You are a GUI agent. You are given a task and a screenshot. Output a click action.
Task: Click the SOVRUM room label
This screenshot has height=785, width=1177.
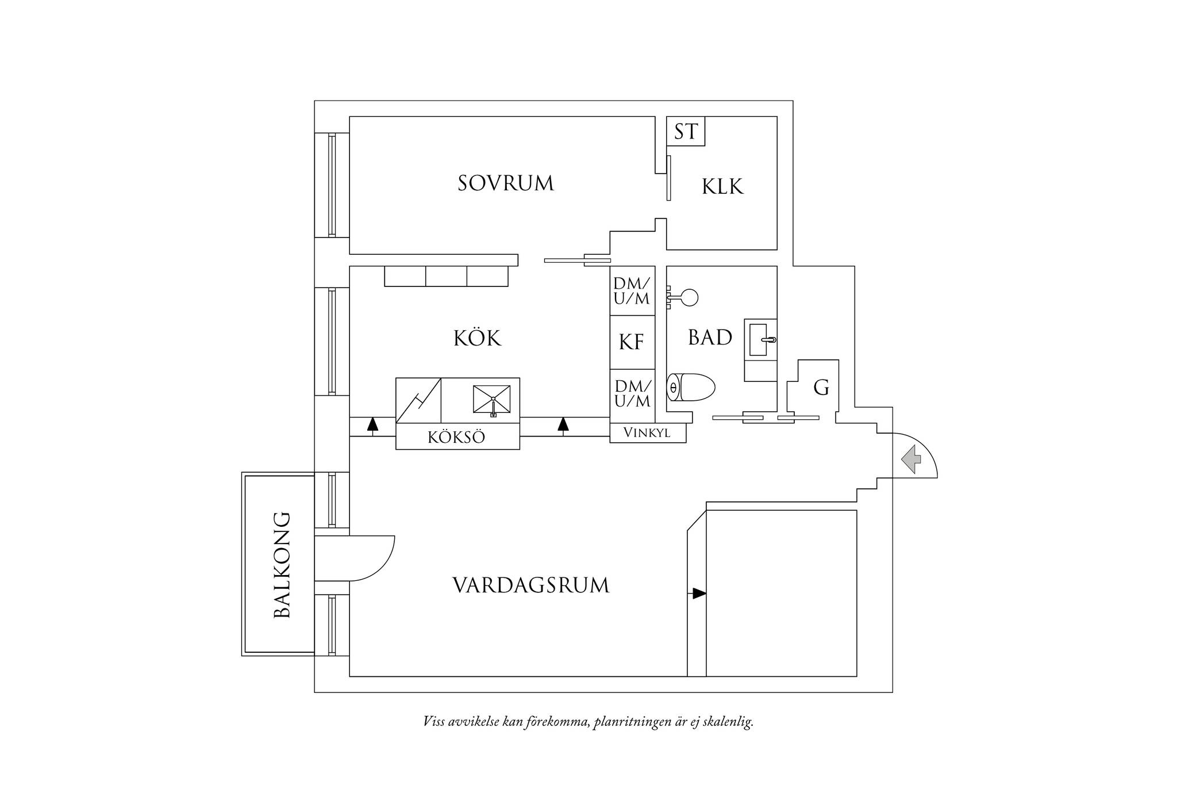pyautogui.click(x=506, y=183)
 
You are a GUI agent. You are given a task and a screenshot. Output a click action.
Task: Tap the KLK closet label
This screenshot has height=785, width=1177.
pyautogui.click(x=722, y=186)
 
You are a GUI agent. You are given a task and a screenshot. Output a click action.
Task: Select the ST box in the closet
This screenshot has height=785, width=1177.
pyautogui.click(x=686, y=131)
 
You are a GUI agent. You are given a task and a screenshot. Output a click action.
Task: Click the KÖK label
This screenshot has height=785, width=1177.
pyautogui.click(x=477, y=338)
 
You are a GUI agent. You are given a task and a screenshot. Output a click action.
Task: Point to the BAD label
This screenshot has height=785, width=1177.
pyautogui.click(x=710, y=338)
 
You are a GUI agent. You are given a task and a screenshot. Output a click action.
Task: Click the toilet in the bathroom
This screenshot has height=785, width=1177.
pyautogui.click(x=690, y=387)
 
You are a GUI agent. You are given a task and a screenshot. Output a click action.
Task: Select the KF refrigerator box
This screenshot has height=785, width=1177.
pyautogui.click(x=632, y=342)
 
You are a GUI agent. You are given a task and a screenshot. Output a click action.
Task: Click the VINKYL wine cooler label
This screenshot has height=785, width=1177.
pyautogui.click(x=647, y=433)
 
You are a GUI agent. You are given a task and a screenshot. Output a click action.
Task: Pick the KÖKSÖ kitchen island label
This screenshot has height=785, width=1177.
pyautogui.click(x=457, y=437)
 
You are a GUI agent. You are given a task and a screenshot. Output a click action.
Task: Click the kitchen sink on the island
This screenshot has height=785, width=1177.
pyautogui.click(x=491, y=399)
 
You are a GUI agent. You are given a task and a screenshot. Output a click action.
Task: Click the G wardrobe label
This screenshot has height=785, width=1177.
pyautogui.click(x=821, y=388)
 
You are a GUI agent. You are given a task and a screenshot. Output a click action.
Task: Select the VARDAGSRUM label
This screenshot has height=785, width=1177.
pyautogui.click(x=531, y=585)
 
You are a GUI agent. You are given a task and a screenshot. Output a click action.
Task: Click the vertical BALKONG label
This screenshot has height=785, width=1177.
pyautogui.click(x=282, y=565)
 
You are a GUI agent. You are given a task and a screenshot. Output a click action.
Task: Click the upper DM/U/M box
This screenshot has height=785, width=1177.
pyautogui.click(x=632, y=290)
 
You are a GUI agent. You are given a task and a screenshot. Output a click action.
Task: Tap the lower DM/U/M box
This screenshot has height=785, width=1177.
pyautogui.click(x=632, y=394)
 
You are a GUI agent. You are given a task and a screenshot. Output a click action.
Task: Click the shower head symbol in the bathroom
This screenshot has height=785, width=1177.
pyautogui.click(x=682, y=297)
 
